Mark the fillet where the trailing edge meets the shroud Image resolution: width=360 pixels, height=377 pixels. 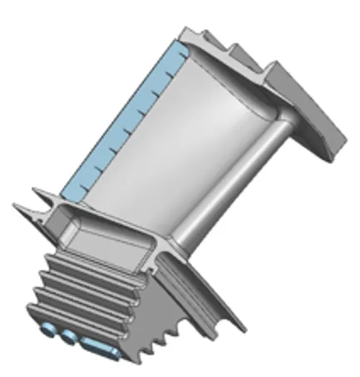point(274,116)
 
